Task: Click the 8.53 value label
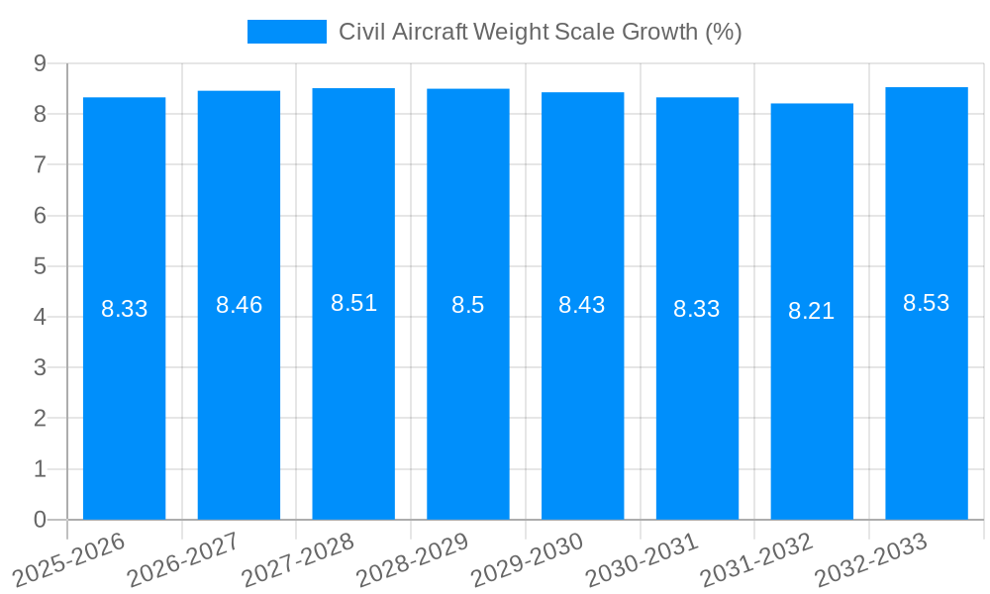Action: coord(926,303)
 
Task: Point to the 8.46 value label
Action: coord(239,305)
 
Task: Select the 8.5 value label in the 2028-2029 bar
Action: coord(467,305)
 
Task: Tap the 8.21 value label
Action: coord(812,311)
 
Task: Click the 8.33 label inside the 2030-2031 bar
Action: coord(697,309)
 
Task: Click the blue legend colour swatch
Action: coord(286,32)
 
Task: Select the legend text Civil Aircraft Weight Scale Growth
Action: coord(541,32)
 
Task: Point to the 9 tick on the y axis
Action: coord(40,63)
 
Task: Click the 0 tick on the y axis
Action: coord(40,520)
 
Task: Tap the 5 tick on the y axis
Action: coord(40,266)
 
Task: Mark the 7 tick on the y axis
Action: coord(40,164)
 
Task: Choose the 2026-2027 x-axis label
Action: coord(183,560)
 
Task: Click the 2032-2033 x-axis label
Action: coord(870,560)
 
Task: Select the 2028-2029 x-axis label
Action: coord(412,560)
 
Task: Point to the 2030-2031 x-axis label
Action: coord(642,560)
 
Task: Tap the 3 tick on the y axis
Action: coord(40,367)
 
